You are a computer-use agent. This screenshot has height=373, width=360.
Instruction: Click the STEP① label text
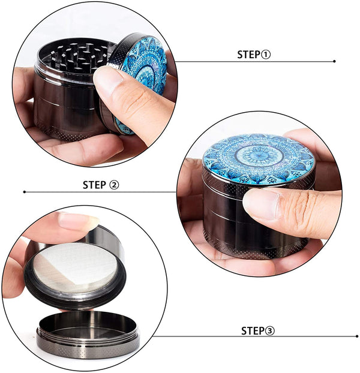tap(254, 55)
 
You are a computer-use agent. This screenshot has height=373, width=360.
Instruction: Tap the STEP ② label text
tap(101, 185)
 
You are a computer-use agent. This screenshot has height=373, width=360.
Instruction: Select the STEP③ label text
tap(258, 330)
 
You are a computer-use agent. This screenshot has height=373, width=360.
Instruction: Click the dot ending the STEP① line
tap(334, 61)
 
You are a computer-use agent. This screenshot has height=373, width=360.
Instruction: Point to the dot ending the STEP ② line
tap(25, 192)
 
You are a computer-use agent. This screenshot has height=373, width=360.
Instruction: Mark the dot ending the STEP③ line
tap(357, 336)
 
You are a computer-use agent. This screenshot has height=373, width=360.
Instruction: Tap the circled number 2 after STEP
tap(114, 185)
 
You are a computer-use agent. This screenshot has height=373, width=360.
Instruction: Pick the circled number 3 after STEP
tap(270, 331)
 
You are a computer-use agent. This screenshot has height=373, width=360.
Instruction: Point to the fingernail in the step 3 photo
tap(77, 221)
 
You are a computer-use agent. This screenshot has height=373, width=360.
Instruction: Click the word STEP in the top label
tap(249, 55)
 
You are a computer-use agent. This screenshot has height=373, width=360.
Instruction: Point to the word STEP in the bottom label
tap(253, 331)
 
